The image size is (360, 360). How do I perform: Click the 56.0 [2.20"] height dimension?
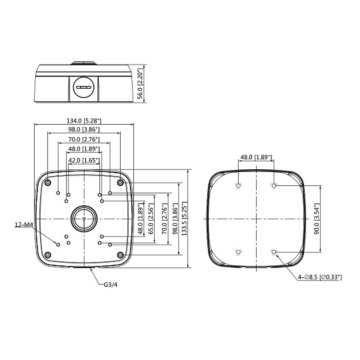(x=140, y=84)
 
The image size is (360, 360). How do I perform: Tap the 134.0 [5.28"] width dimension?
(x=84, y=121)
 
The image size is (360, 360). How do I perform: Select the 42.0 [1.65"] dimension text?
(x=84, y=160)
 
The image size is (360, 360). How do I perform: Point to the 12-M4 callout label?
(x=24, y=225)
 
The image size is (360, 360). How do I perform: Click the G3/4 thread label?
(x=111, y=285)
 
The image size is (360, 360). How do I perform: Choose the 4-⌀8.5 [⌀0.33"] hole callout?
(x=320, y=277)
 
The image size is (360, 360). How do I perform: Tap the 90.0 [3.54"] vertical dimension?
(x=317, y=219)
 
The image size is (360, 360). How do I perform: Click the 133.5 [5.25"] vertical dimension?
(x=185, y=219)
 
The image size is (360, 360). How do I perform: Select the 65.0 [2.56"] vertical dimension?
(x=151, y=219)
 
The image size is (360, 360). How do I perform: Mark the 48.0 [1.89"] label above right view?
(x=256, y=157)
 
